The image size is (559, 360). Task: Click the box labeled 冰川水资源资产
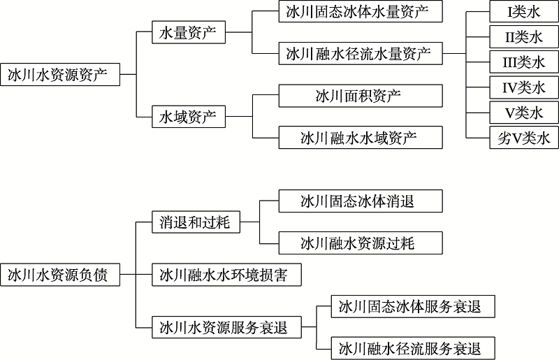[60, 75]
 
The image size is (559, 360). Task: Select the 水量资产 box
[189, 32]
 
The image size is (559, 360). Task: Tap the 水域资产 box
[189, 117]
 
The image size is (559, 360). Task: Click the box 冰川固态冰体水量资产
[361, 11]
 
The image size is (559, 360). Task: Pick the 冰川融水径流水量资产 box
[361, 54]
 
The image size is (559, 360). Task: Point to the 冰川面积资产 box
[361, 96]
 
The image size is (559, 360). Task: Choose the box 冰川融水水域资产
[361, 138]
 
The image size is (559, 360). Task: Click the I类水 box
[524, 11]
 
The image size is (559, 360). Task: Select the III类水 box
[524, 62]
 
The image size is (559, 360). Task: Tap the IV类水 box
[524, 87]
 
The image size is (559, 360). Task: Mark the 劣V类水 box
[524, 138]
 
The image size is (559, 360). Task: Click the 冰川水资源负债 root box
[60, 275]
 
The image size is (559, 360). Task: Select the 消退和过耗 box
[196, 222]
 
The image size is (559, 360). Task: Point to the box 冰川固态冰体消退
[361, 201]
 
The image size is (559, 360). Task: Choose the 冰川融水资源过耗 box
[361, 243]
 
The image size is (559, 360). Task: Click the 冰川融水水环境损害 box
[226, 275]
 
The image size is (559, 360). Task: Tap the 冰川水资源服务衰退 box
[226, 327]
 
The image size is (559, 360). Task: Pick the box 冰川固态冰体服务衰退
[413, 306]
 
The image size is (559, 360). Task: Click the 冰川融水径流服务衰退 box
[413, 348]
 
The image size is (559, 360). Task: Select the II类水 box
[524, 37]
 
